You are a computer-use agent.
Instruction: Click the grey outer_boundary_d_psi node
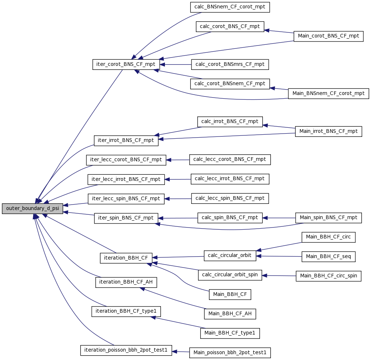[32, 208]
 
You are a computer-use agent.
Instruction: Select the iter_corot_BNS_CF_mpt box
[126, 64]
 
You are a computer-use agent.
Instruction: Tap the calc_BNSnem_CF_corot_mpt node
[230, 7]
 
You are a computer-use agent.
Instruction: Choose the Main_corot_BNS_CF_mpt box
[328, 36]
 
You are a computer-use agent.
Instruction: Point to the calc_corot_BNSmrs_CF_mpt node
[230, 64]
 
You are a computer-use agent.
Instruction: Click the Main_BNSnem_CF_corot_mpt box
[328, 94]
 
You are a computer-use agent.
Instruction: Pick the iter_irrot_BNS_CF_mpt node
[126, 141]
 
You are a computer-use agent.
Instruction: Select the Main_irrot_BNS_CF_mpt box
[328, 131]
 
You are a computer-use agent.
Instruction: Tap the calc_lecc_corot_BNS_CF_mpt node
[230, 160]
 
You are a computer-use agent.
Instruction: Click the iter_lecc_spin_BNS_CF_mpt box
[126, 199]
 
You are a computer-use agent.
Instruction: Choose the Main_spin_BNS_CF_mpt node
[328, 218]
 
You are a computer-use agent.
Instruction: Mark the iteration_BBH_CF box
[126, 258]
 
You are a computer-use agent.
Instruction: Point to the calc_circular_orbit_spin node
[230, 275]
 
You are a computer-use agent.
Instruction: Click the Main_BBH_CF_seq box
[328, 257]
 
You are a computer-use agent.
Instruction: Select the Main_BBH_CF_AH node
[230, 314]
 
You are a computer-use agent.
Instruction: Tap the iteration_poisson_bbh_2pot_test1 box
[126, 350]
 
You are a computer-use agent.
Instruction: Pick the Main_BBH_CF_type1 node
[230, 333]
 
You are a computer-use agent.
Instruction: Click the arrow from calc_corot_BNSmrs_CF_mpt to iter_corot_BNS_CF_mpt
[175, 64]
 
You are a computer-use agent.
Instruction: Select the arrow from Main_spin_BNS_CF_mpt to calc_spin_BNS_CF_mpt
[279, 218]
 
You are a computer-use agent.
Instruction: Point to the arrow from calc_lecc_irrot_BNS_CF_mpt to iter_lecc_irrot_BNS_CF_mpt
[178, 179]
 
